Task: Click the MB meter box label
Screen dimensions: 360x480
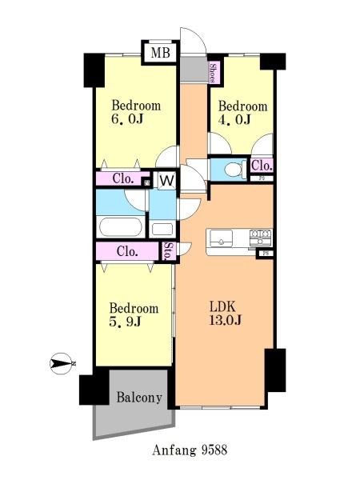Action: point(161,53)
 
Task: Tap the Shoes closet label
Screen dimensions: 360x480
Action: point(213,73)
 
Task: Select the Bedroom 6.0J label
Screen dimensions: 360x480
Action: point(136,112)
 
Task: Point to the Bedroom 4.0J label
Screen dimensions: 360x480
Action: point(242,113)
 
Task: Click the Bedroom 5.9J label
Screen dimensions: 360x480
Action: point(134,314)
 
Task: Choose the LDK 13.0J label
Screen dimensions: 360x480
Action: point(226,313)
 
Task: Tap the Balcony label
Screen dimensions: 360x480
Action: point(139,398)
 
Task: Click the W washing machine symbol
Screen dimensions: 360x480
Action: point(167,180)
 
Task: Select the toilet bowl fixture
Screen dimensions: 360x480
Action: point(234,169)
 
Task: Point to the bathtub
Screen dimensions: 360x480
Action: point(121,226)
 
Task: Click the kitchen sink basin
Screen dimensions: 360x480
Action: point(221,238)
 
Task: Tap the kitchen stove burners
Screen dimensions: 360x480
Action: point(261,238)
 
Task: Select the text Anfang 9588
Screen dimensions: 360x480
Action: point(190,450)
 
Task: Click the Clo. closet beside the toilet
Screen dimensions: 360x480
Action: point(262,166)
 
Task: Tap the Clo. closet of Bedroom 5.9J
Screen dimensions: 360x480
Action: point(127,252)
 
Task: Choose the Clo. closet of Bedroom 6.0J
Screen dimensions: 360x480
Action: point(123,178)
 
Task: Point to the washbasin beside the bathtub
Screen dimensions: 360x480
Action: point(162,230)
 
